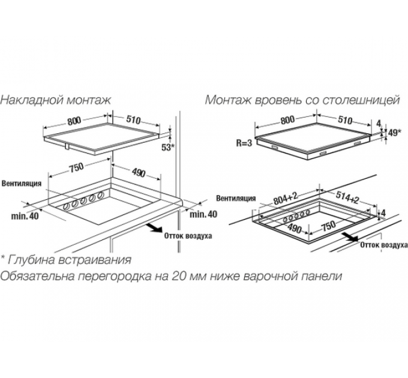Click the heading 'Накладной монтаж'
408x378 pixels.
[56, 100]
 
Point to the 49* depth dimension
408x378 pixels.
[394, 133]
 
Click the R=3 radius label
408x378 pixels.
[243, 143]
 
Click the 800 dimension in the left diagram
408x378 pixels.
[74, 121]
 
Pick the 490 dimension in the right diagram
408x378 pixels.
[293, 229]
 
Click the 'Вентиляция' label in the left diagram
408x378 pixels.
[21, 182]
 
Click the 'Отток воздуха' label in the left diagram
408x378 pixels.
[188, 236]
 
